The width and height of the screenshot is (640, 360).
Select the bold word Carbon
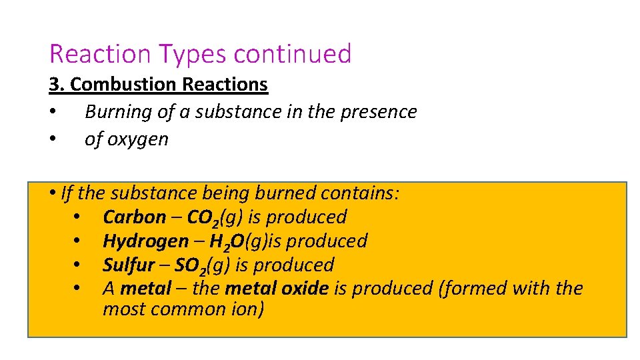pos(134,217)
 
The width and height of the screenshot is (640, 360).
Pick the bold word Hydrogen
pos(145,241)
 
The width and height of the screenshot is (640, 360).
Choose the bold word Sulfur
pos(128,265)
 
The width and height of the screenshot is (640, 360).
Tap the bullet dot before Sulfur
pos(77,265)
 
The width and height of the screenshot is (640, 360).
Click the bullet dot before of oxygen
pos(52,140)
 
